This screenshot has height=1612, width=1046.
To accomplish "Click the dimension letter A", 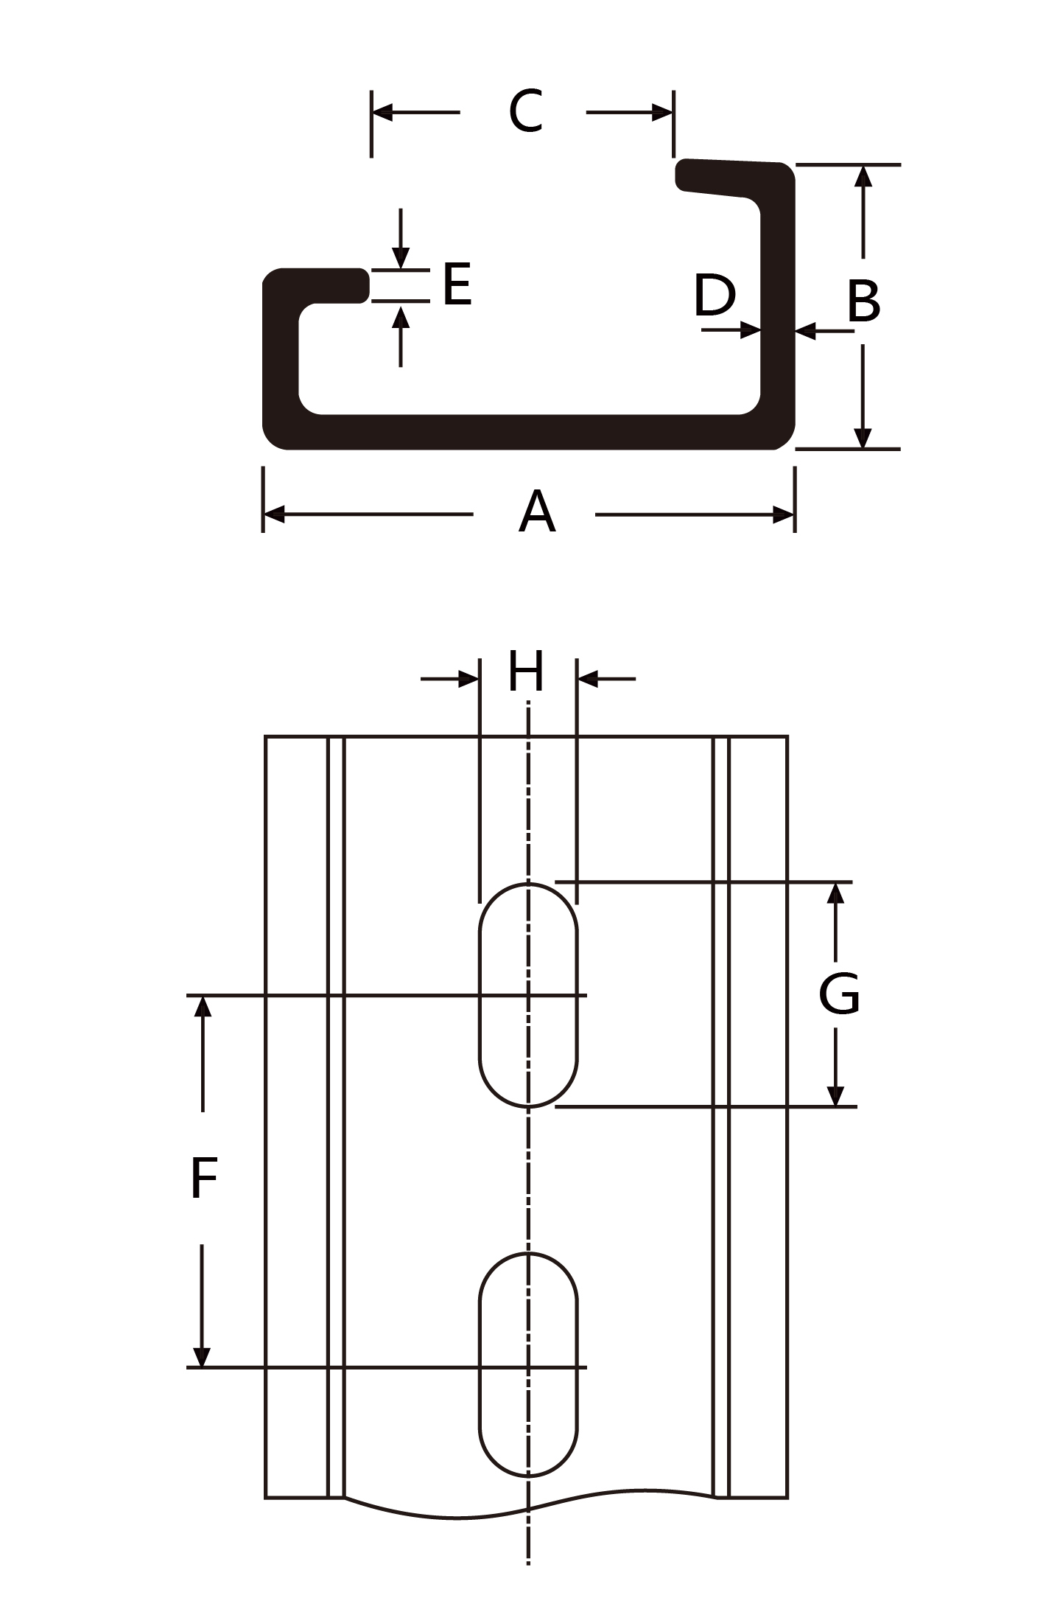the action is click(536, 512).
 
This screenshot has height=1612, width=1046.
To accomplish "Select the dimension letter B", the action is click(863, 301).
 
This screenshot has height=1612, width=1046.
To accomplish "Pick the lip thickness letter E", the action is click(457, 284).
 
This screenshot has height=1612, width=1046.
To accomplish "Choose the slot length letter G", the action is click(839, 994).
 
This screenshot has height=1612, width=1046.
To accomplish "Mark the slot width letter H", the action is click(526, 671).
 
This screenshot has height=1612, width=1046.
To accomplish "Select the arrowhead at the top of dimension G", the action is click(835, 893).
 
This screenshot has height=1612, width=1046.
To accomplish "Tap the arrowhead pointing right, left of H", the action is click(468, 678).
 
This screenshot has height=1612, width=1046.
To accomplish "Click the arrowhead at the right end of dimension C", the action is click(662, 113).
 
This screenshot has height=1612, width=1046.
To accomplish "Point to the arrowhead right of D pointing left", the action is click(807, 331).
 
